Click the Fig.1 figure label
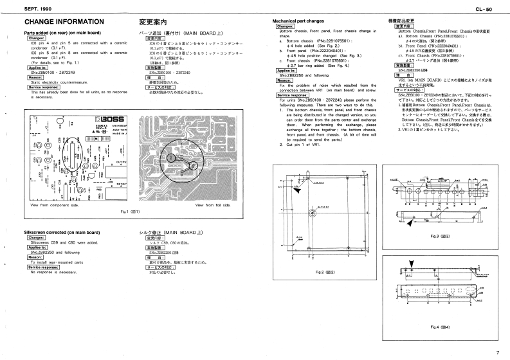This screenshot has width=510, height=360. (x=130, y=211)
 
